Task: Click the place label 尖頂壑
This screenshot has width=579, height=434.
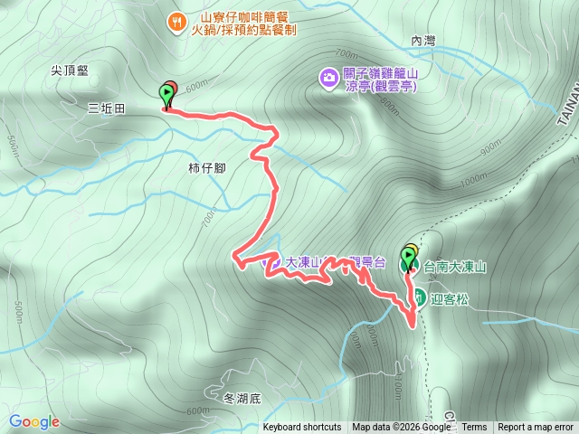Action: click(x=71, y=69)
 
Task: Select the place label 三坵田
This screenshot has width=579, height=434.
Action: click(x=106, y=108)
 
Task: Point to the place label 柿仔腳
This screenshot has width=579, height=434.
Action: click(x=206, y=167)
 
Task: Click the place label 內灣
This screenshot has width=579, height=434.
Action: click(x=423, y=41)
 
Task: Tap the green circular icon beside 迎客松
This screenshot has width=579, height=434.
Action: click(x=420, y=295)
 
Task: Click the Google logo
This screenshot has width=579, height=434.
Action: click(x=33, y=421)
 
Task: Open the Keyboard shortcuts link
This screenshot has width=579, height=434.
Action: click(x=302, y=428)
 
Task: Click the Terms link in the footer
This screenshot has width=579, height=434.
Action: click(x=474, y=428)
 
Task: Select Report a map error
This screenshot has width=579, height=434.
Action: click(x=536, y=428)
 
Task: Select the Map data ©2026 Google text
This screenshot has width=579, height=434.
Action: click(x=401, y=428)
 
